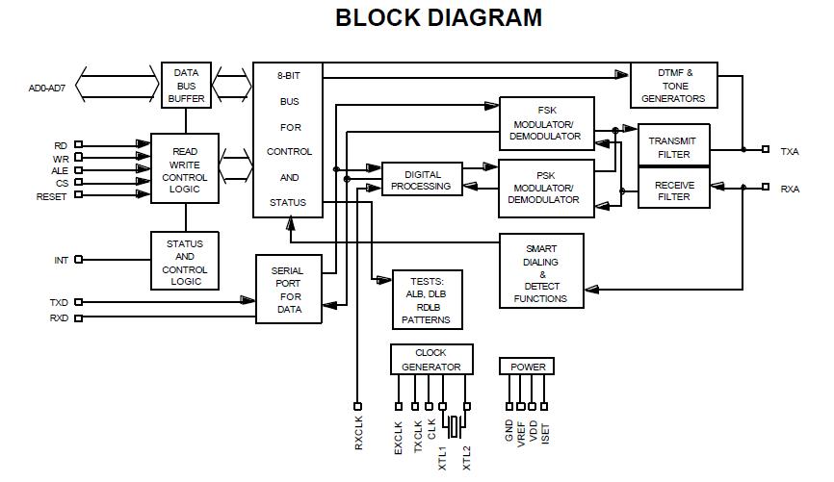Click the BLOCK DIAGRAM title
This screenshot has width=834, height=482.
(438, 17)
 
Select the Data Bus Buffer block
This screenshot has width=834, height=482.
(185, 85)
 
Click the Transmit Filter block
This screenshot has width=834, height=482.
(673, 147)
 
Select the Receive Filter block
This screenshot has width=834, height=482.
(673, 190)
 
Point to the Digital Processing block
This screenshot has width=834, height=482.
(420, 179)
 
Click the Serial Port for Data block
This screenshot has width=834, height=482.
(288, 290)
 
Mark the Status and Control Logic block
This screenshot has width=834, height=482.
(184, 263)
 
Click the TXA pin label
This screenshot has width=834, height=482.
(790, 150)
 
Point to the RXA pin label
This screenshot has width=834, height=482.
(790, 190)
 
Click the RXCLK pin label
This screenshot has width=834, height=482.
(358, 436)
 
